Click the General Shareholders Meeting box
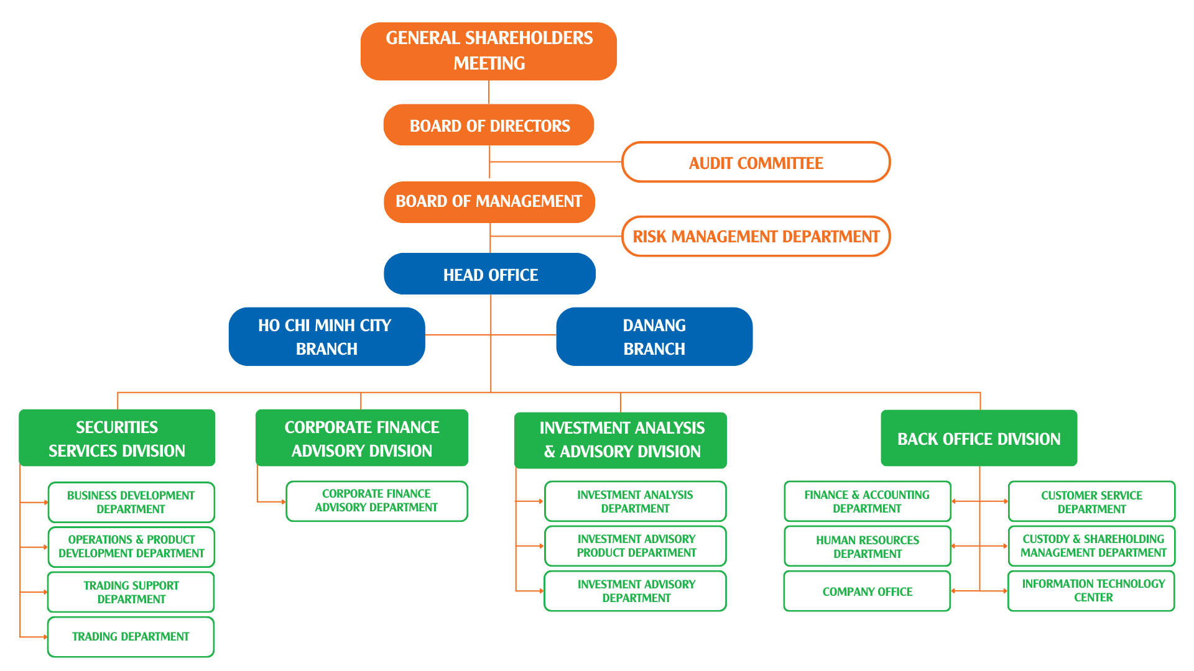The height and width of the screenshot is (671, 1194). click(489, 51)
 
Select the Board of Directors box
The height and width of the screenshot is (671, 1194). click(489, 125)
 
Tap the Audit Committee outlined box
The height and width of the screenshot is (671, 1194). click(756, 162)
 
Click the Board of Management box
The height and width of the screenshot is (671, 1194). click(489, 202)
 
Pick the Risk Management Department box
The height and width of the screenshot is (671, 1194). click(756, 236)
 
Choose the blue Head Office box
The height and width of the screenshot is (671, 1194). click(490, 274)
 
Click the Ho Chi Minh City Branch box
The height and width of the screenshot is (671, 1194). click(327, 337)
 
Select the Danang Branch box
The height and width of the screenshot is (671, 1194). click(654, 337)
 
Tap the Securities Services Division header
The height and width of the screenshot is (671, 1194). click(117, 438)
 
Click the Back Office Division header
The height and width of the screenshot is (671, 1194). click(979, 438)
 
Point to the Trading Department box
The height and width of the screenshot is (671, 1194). click(131, 637)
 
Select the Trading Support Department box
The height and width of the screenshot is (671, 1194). click(131, 592)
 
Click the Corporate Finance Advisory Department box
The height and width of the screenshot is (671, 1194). click(377, 501)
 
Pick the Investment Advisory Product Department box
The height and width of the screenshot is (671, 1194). click(636, 546)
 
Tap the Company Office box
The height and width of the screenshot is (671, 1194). click(868, 591)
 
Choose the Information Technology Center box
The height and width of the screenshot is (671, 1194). click(1091, 591)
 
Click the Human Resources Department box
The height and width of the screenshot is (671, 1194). click(868, 546)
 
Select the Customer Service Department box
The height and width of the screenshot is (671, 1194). click(1092, 501)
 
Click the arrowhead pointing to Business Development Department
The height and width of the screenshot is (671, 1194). click(46, 502)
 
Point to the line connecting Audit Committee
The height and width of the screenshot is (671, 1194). click(556, 162)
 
